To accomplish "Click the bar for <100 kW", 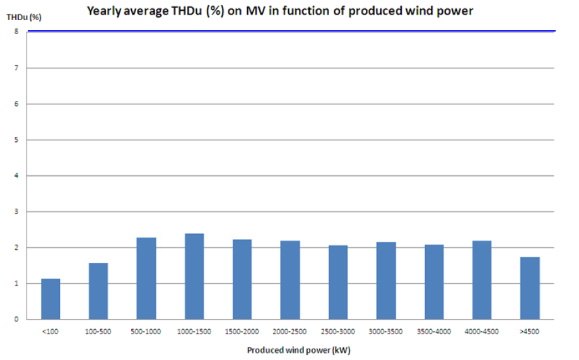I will [50, 299].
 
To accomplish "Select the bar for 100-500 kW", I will [98, 291].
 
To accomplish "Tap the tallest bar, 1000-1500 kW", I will [194, 276].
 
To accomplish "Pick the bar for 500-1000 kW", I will [146, 278].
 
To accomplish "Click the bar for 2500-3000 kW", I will [338, 282].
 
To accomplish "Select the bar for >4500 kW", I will [530, 287].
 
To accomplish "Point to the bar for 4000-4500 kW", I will [482, 279].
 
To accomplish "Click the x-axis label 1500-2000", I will [242, 331].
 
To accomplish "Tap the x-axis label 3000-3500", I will [386, 331].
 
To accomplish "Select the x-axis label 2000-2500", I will [290, 331].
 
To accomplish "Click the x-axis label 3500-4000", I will [434, 331].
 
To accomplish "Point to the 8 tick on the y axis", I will [16, 32].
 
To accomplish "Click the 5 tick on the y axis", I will [16, 139].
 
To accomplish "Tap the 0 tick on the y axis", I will [16, 319].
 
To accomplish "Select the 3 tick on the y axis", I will [16, 211].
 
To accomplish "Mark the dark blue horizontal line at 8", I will [290, 31].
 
